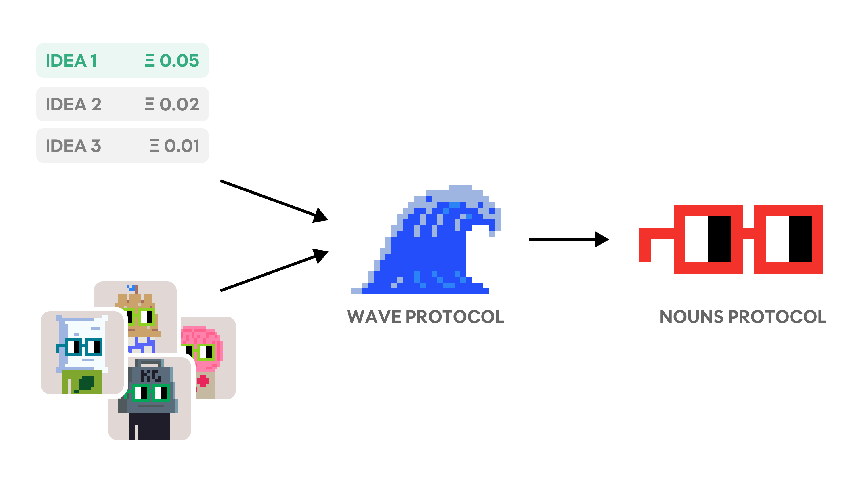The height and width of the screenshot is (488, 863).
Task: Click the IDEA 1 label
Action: pos(71,61)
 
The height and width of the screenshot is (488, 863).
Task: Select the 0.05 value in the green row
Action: pos(179,61)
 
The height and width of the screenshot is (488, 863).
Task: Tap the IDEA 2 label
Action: pos(73,104)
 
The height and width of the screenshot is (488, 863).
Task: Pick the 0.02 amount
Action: pos(179,104)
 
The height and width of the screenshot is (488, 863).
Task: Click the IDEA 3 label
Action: pos(73,146)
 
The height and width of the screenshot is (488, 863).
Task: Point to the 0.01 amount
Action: pos(182,146)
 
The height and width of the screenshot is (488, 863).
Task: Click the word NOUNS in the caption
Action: pos(692,317)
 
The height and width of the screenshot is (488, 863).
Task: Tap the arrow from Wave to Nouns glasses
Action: pos(569,239)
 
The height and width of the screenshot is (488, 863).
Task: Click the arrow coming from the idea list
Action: pos(274,201)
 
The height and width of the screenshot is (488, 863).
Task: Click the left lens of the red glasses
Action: pos(708,239)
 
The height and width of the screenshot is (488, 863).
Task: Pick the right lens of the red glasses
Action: pos(788,239)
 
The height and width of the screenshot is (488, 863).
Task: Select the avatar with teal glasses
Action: pos(82,352)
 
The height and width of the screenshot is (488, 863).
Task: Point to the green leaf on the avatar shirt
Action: pos(86,383)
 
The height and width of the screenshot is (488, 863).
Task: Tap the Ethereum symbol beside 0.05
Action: pos(150,61)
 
